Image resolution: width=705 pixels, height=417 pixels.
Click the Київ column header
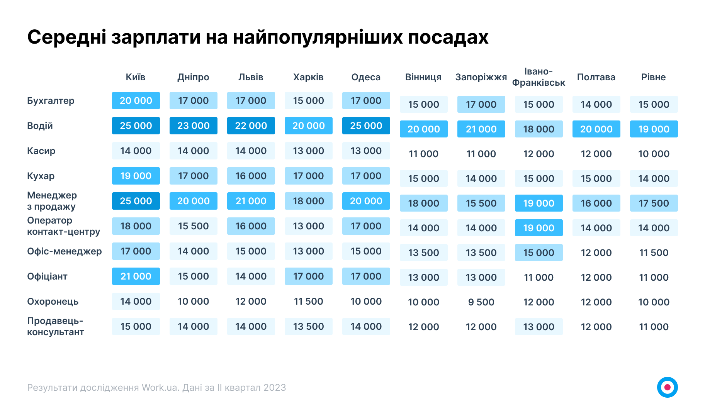[136, 77]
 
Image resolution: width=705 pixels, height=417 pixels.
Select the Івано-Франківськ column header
[539, 77]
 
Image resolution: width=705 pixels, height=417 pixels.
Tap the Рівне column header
[653, 77]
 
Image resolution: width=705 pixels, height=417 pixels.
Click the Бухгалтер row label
[51, 101]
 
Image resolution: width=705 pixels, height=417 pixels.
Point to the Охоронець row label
[53, 302]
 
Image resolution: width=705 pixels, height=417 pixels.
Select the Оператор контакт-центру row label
[63, 226]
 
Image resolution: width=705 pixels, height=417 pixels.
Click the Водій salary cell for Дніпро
[193, 126]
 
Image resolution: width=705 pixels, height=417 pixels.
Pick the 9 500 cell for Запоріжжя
[481, 302]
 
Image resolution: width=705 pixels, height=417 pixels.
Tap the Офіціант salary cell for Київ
[136, 276]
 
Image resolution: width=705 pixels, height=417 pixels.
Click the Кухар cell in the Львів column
[251, 176]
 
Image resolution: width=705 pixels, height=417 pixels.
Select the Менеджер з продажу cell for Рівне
[654, 203]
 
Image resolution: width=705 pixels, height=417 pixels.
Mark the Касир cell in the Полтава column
[596, 154]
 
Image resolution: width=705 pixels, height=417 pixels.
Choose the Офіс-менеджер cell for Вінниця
[423, 253]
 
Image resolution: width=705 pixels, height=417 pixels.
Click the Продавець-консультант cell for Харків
[308, 327]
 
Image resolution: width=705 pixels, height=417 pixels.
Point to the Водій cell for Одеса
[366, 126]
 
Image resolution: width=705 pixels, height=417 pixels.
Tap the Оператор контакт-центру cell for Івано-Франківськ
[539, 228]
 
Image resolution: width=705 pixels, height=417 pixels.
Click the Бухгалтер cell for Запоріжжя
[481, 104]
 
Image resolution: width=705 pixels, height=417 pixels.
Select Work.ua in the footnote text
[160, 388]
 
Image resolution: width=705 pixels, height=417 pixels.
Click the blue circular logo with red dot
[667, 387]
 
